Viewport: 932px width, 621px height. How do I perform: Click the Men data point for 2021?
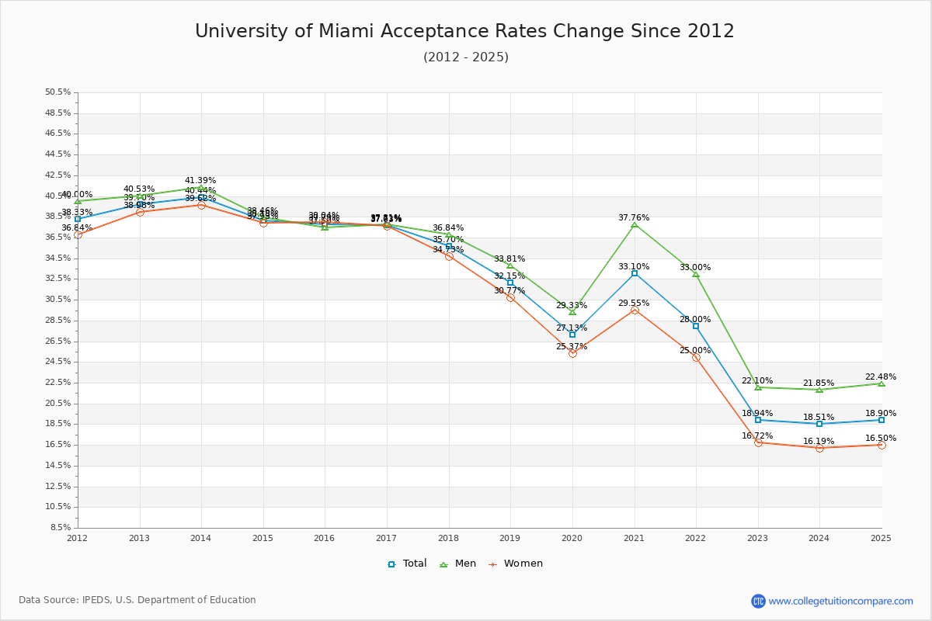tap(635, 225)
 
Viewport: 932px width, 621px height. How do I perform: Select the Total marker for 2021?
tap(635, 273)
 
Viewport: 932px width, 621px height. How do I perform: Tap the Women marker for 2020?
tap(572, 353)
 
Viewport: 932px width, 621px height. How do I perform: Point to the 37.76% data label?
tap(634, 218)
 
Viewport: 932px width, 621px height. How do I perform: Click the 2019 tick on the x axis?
tap(510, 537)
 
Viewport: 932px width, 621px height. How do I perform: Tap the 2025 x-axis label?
tap(881, 537)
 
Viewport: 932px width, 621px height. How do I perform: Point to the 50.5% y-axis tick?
tap(58, 92)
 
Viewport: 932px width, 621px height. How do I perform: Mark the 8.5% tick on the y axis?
tap(61, 528)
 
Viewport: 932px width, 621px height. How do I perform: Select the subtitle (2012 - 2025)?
tap(466, 57)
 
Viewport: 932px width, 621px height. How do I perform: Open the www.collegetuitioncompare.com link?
tap(840, 601)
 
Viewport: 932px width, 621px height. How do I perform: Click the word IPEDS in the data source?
tap(95, 600)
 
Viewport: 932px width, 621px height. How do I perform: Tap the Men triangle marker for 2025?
tap(882, 383)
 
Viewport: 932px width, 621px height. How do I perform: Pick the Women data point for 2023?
tap(758, 442)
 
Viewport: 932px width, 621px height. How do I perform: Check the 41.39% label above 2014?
tap(200, 181)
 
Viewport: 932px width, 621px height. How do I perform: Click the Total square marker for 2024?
tap(819, 424)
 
